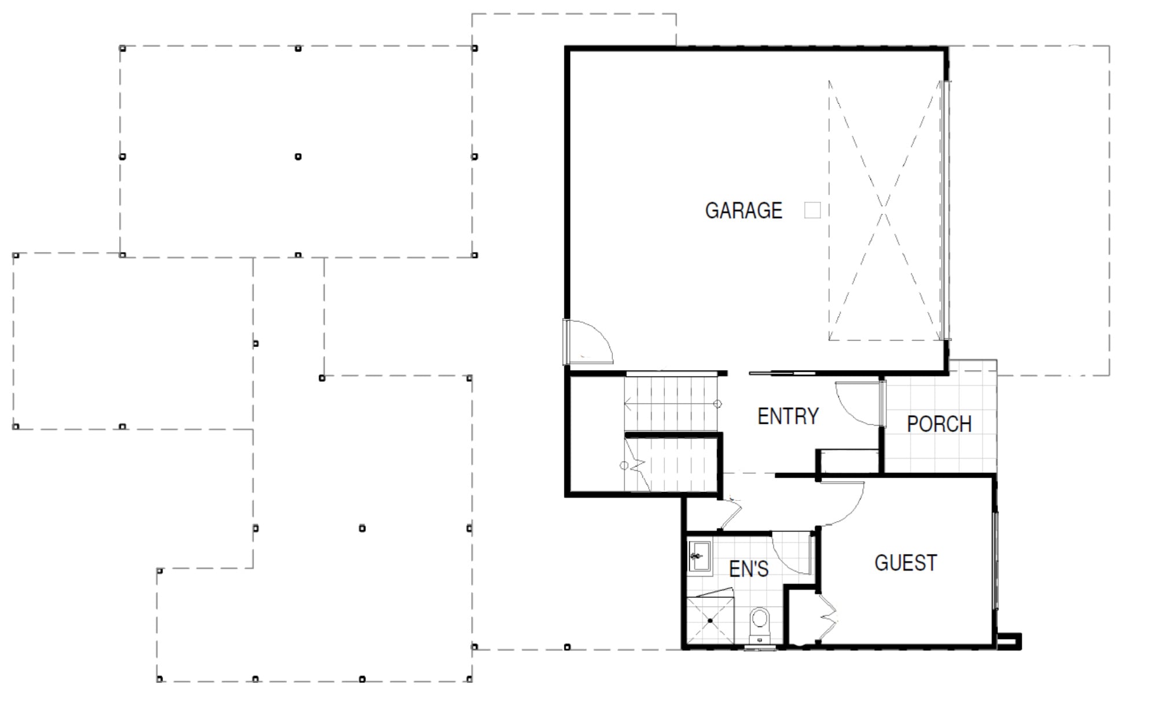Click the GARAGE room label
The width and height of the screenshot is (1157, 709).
744,211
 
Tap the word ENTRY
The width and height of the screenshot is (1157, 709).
788,416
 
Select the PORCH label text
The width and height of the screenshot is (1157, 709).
939,424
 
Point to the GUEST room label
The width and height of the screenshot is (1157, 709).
905,563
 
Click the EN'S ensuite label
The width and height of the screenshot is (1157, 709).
749,569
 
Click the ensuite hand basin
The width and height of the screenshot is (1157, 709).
700,556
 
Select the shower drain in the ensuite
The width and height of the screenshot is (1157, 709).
710,621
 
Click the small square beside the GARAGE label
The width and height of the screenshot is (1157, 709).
812,210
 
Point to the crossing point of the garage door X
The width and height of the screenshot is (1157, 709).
884,210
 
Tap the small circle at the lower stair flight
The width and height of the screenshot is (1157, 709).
624,466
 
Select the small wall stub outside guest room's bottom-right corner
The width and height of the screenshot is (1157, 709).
1009,641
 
